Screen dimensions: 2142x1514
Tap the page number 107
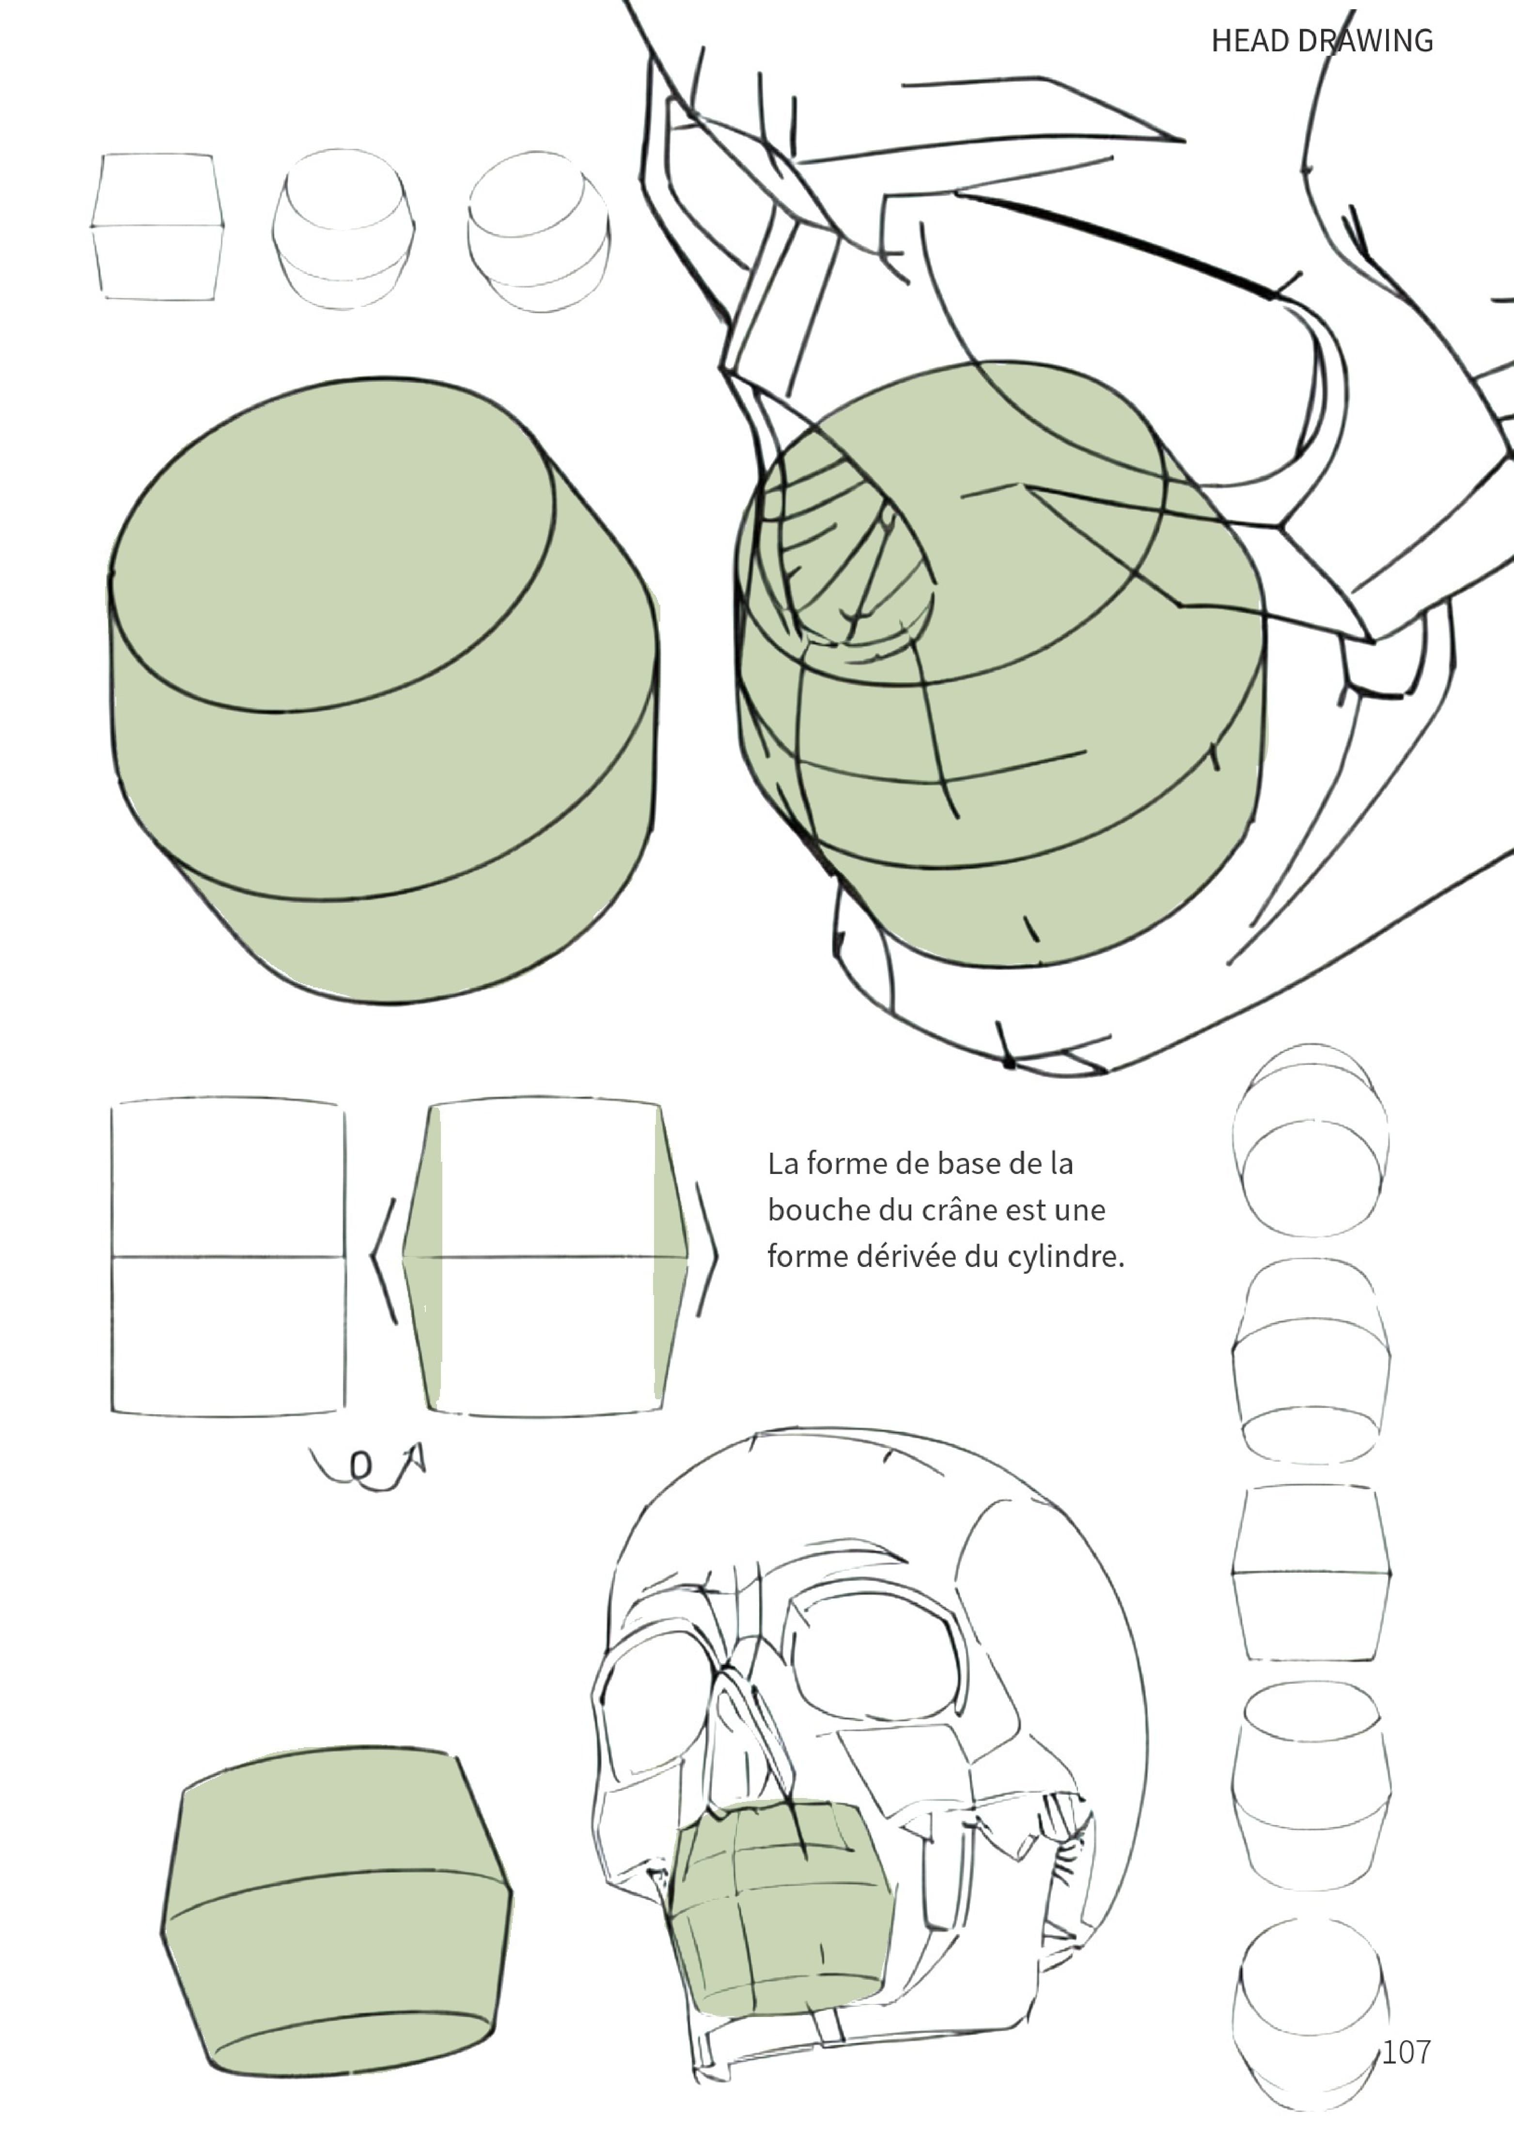(1406, 2051)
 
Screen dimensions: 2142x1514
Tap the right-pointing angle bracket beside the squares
(708, 1250)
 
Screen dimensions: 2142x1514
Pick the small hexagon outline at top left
(157, 227)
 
